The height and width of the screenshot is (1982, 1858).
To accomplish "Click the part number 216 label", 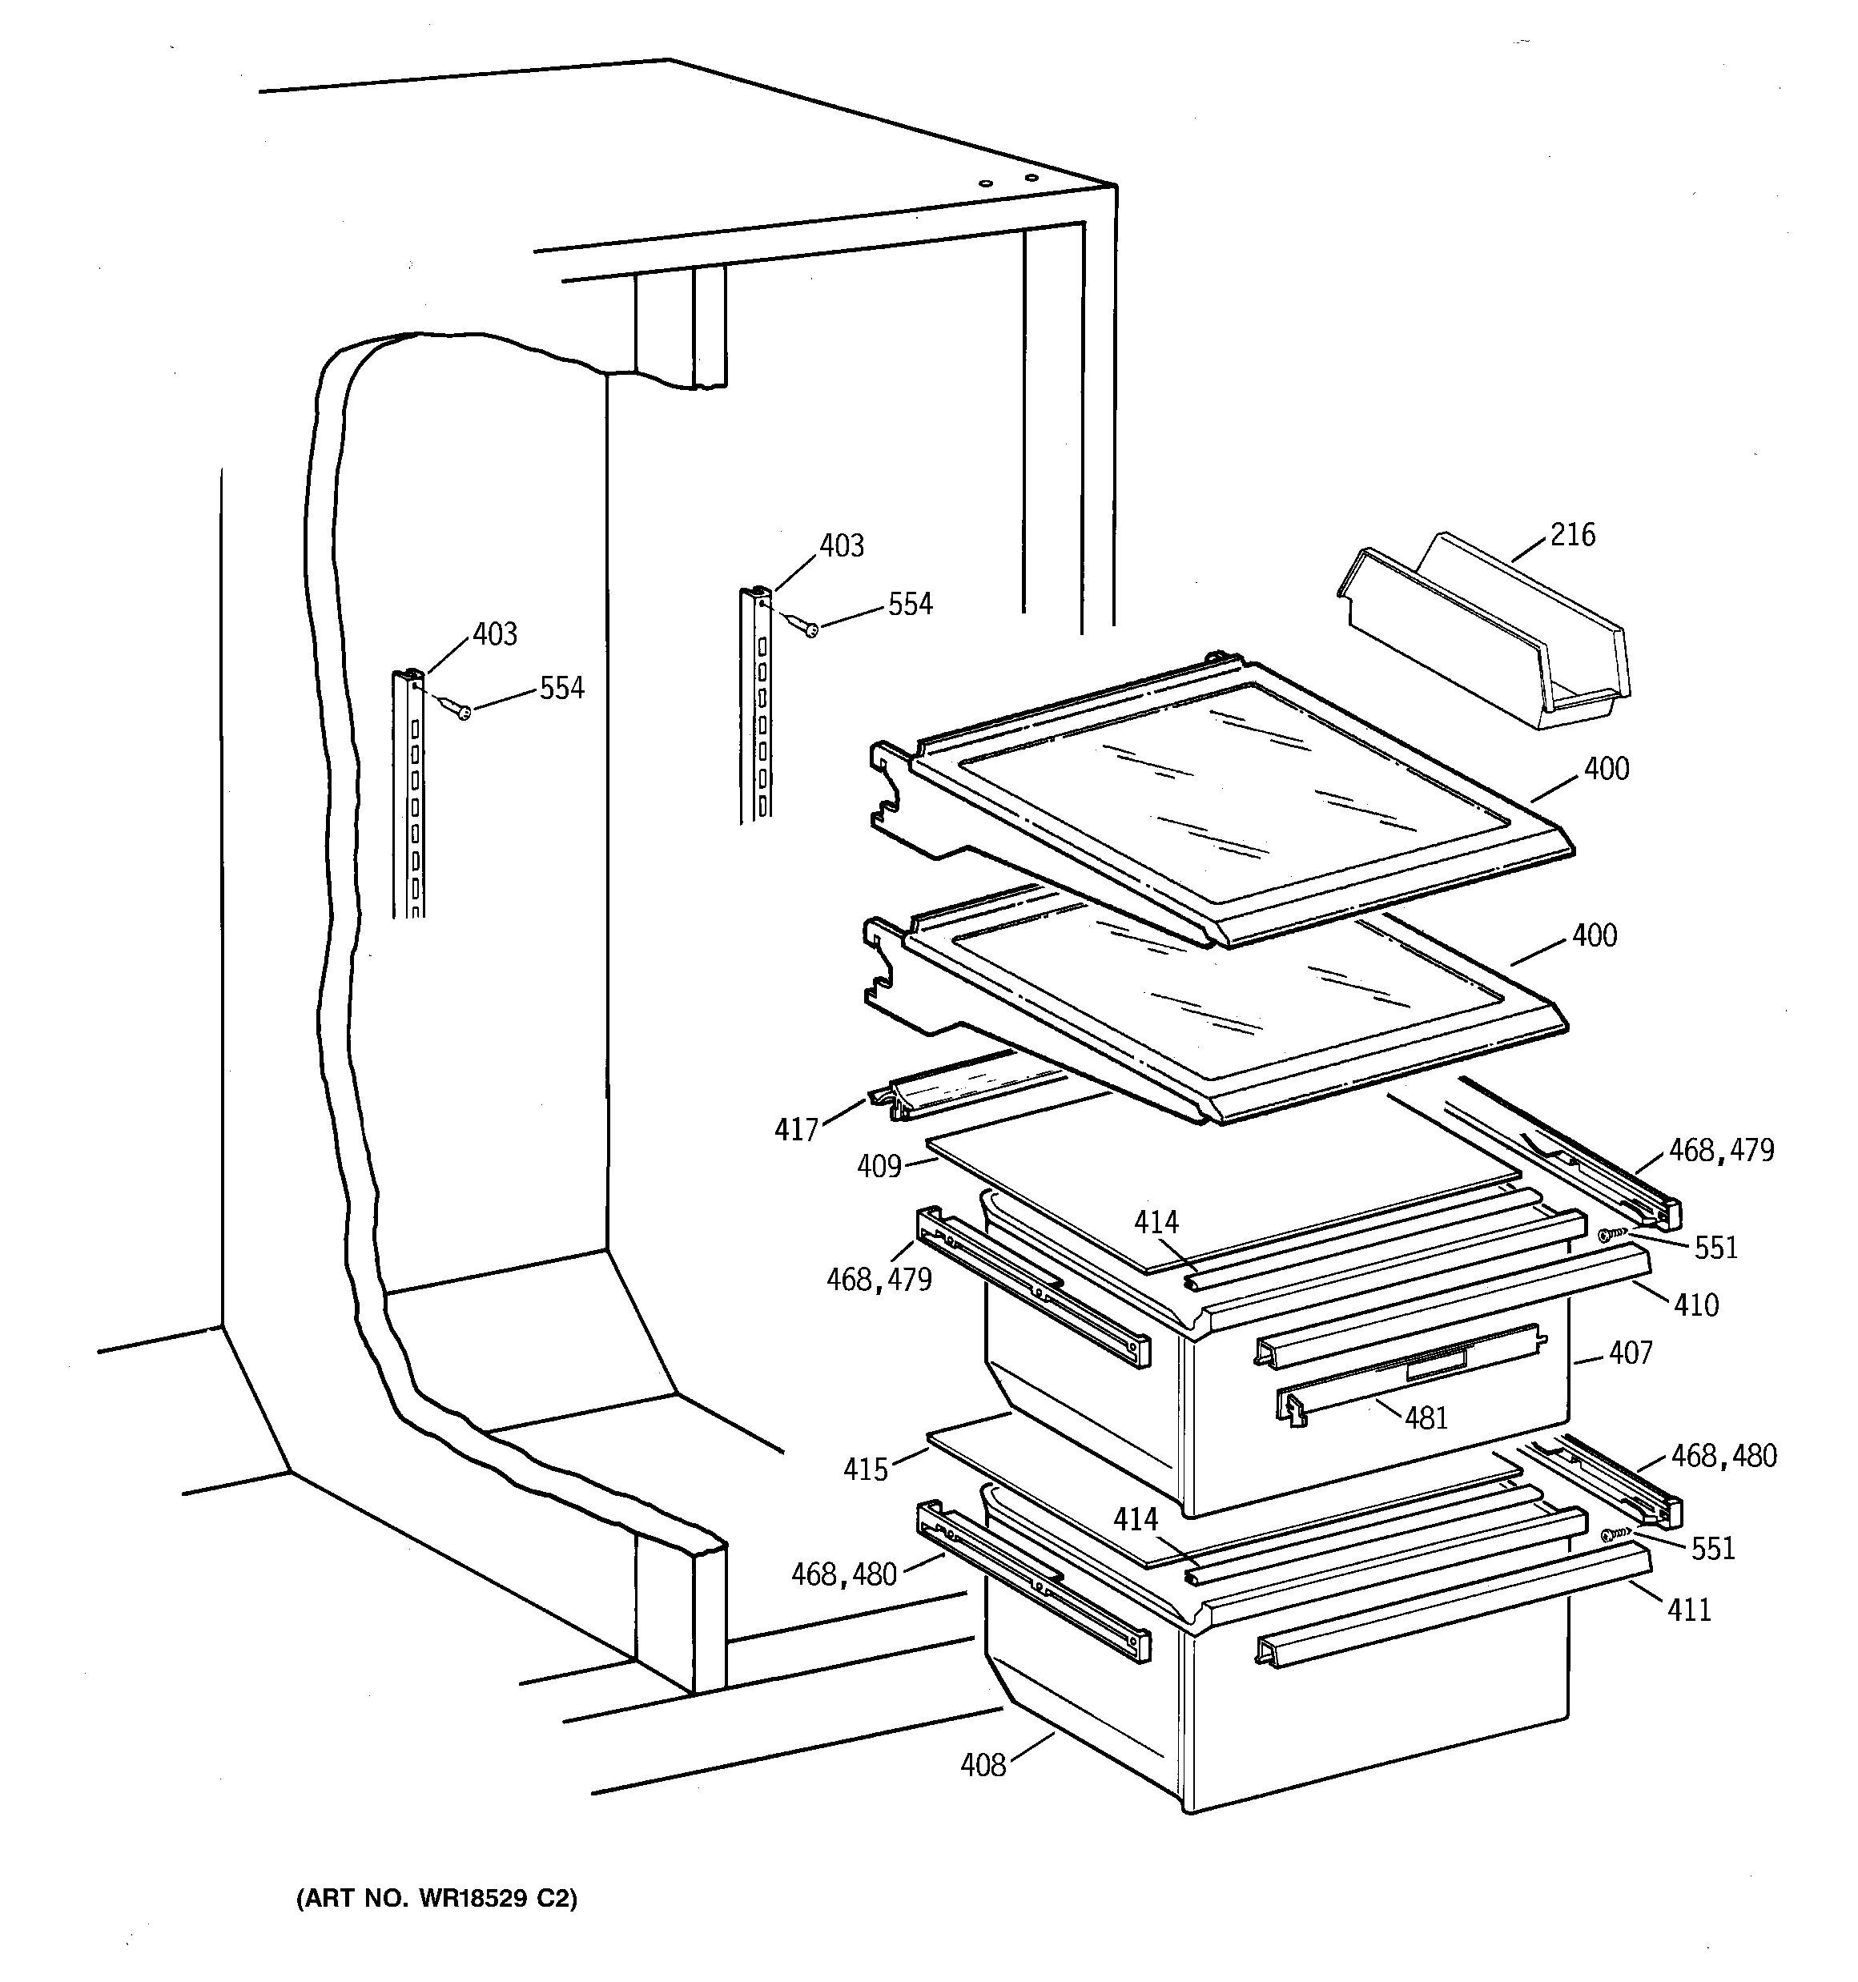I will (1573, 536).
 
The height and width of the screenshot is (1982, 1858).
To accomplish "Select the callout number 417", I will (796, 1130).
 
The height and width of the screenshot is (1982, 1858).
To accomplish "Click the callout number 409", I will (879, 1165).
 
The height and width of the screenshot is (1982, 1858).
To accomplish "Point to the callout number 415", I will (865, 1469).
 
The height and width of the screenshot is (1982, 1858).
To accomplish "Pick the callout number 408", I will (983, 1766).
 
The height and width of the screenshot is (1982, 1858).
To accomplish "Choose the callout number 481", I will (1426, 1417).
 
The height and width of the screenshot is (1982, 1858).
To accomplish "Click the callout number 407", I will (1631, 1353).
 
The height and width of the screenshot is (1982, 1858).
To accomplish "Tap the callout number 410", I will (1696, 1304).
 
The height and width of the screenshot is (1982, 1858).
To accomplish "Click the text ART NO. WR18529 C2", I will (436, 1900).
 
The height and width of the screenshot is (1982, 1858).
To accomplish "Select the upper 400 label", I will (1607, 769).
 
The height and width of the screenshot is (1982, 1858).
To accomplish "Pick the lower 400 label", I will (1594, 935).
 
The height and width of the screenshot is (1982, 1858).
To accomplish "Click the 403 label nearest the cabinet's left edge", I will (495, 634).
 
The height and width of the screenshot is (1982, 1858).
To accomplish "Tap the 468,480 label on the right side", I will (1723, 1457).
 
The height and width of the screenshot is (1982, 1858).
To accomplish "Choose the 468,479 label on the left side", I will (879, 1279).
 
